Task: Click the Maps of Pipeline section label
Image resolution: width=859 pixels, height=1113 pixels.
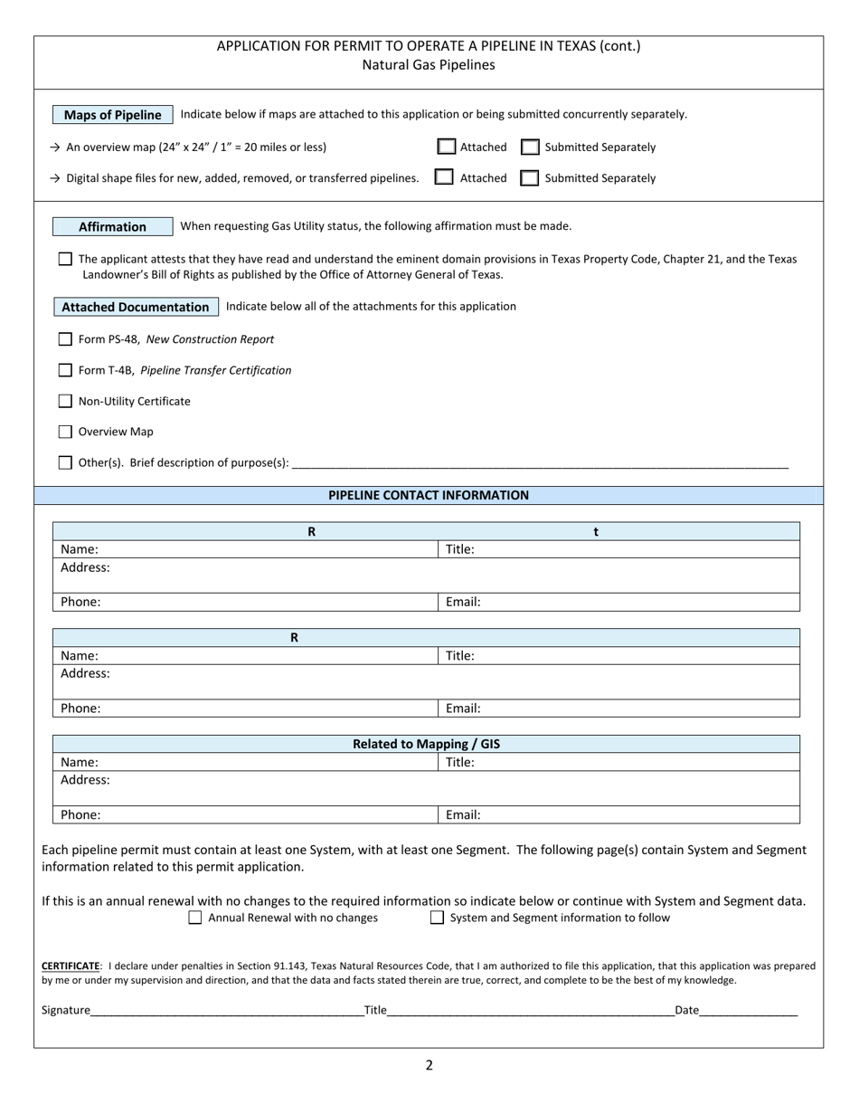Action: click(113, 115)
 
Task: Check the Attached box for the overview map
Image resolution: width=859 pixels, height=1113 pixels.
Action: click(447, 147)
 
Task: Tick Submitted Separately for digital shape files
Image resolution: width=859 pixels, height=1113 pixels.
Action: click(529, 177)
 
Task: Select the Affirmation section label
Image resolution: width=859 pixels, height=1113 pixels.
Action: click(112, 226)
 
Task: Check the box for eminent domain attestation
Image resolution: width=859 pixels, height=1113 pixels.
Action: click(65, 259)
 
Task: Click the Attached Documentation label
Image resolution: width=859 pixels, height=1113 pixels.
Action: click(136, 307)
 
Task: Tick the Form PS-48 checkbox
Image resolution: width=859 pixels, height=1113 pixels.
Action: click(65, 339)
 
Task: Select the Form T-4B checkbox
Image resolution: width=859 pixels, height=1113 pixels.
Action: click(65, 370)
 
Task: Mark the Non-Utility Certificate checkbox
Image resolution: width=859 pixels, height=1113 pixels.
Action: click(65, 401)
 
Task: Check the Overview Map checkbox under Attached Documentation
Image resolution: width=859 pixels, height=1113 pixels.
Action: click(65, 432)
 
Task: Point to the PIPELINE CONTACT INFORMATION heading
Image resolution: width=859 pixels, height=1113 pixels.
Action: click(429, 495)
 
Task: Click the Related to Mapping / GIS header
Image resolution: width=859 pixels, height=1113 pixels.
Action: click(426, 744)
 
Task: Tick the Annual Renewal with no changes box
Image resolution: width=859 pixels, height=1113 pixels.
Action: click(195, 918)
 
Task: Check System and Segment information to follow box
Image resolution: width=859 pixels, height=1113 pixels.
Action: click(438, 918)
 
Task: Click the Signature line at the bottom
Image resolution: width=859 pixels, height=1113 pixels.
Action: click(226, 1010)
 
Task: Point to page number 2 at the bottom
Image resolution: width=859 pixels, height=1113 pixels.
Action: click(429, 1065)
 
